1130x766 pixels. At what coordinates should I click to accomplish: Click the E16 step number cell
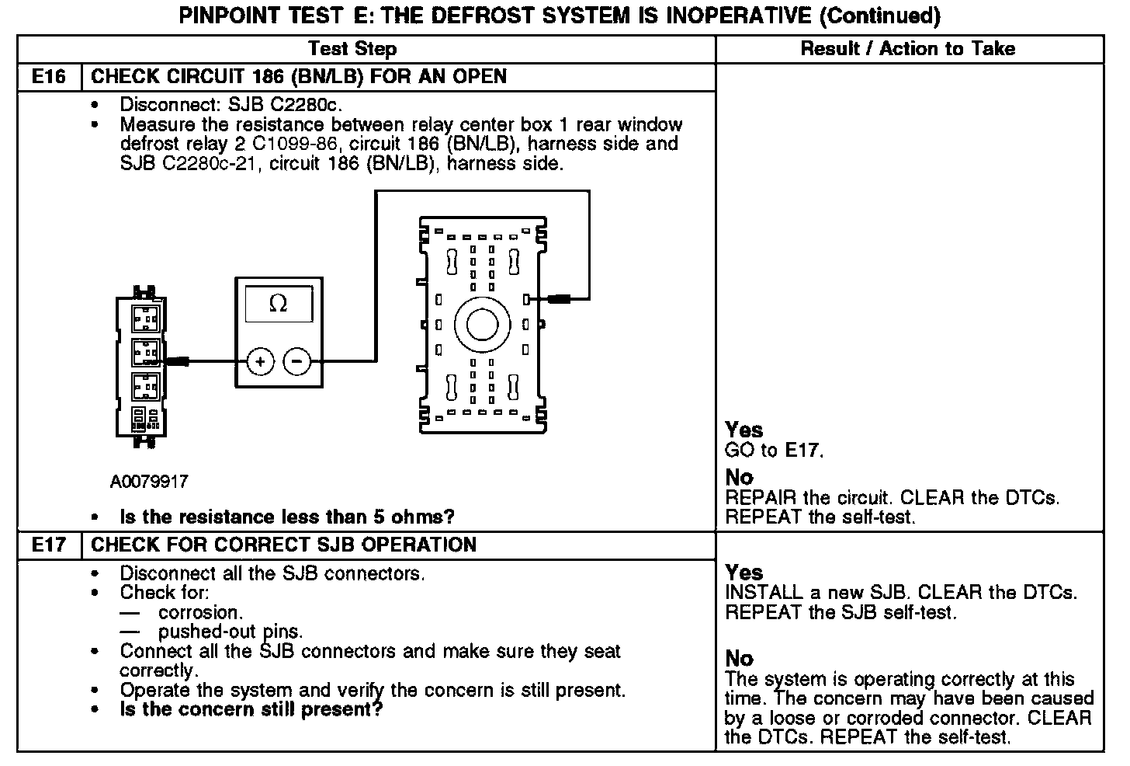tap(48, 77)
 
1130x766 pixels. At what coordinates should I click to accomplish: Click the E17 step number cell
tap(48, 545)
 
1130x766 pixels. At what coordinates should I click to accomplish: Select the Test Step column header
tap(352, 49)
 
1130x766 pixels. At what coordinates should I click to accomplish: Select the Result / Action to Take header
tap(907, 49)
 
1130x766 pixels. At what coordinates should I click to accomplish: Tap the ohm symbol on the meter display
tap(278, 305)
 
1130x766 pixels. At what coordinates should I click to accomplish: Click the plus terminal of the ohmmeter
tap(261, 361)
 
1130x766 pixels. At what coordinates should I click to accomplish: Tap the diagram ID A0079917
tap(149, 482)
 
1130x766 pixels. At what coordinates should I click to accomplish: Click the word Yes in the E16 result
tap(744, 430)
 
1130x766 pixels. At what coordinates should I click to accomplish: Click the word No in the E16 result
tap(739, 478)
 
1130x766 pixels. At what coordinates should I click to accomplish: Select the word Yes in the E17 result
tap(744, 573)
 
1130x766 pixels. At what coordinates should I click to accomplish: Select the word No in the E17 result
tap(739, 659)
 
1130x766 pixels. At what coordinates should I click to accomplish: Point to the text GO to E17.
tap(773, 450)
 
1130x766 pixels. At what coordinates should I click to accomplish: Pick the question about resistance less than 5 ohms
tap(286, 517)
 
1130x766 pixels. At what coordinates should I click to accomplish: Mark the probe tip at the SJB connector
tap(560, 298)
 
